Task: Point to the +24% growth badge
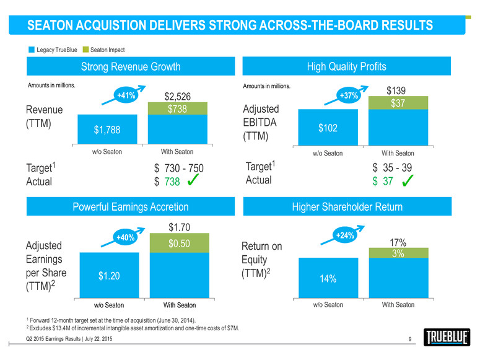tap(344, 235)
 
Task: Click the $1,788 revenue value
tap(107, 130)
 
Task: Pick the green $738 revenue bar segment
tap(177, 108)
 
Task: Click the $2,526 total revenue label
tap(177, 96)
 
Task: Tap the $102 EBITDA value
tap(328, 128)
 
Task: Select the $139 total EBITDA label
tap(396, 90)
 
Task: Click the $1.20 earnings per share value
tap(109, 276)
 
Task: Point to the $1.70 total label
tap(180, 227)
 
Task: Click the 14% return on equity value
tap(328, 279)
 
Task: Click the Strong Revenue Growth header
tap(131, 66)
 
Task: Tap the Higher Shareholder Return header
tap(354, 206)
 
